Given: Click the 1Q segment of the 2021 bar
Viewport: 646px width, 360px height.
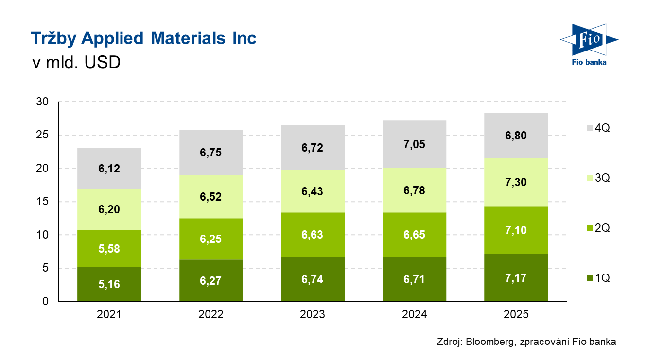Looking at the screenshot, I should pos(109,284).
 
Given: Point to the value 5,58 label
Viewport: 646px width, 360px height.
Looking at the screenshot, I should pos(109,249).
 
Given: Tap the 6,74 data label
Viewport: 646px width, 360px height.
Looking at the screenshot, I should pos(313,279).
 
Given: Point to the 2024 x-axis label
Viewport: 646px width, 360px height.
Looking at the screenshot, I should pos(414,314).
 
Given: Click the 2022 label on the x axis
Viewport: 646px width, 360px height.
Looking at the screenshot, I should pos(211,314).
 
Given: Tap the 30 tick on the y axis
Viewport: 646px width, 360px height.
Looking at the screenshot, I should pos(42,102).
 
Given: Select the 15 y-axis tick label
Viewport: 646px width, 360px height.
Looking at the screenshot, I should pos(42,202).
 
